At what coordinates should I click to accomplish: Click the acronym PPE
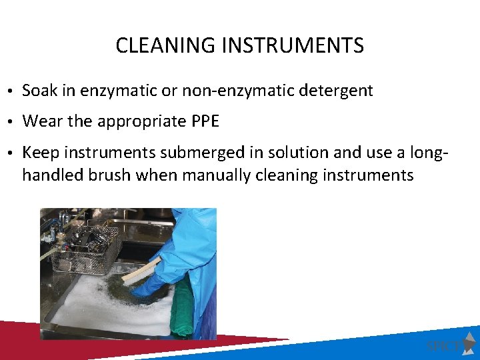tap(205, 121)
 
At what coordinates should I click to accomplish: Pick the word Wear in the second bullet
tap(40, 121)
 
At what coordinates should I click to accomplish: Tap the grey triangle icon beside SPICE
tap(469, 341)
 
